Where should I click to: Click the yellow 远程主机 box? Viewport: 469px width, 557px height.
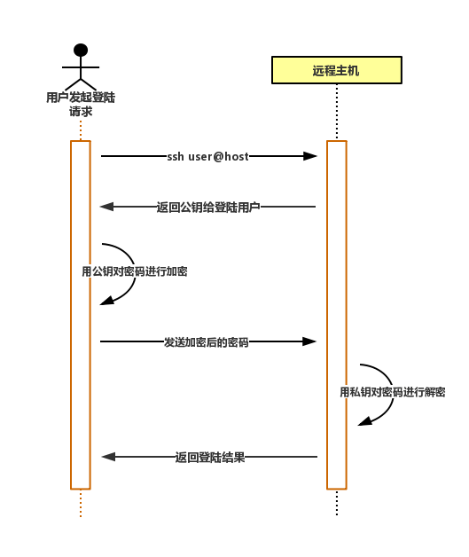(337, 70)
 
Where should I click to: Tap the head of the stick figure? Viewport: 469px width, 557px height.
(81, 50)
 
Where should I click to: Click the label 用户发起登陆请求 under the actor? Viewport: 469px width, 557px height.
(81, 104)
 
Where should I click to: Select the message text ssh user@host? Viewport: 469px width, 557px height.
(207, 156)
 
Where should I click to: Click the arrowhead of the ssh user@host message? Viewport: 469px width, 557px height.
(310, 156)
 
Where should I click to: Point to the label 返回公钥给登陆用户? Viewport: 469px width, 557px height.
(208, 207)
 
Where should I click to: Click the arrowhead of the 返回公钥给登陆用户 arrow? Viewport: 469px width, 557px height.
(107, 207)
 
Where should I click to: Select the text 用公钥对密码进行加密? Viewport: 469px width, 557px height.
(135, 271)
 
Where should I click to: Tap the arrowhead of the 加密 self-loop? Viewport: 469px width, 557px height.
(106, 301)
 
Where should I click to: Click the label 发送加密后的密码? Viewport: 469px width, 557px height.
(206, 342)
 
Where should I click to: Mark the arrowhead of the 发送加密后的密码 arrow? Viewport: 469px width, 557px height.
(309, 341)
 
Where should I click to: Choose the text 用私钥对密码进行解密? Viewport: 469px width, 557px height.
(393, 392)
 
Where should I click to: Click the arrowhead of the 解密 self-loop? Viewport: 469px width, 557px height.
(364, 421)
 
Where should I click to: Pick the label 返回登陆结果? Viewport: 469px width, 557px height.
(210, 457)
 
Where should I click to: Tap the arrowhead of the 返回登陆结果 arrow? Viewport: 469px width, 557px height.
(109, 457)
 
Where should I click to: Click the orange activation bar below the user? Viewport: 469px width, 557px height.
(81, 315)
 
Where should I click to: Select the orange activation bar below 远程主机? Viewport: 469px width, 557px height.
(337, 315)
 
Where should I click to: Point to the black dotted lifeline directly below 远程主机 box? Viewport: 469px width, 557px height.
(337, 113)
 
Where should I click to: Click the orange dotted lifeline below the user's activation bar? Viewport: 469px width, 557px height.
(81, 504)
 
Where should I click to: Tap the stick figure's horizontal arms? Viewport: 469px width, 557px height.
(81, 67)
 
